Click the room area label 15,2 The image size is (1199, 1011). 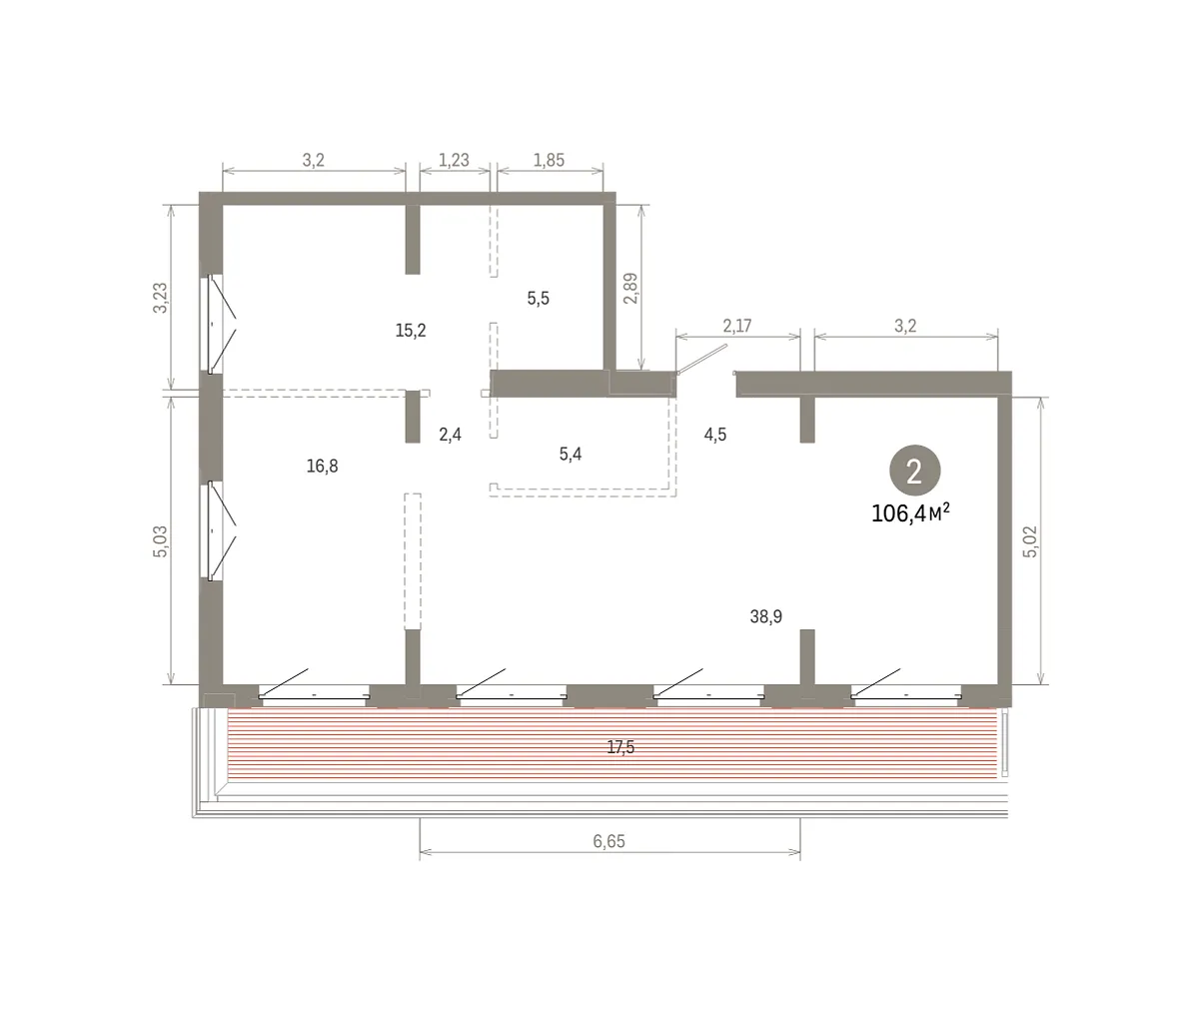coord(411,331)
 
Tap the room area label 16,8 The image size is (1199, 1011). coord(322,467)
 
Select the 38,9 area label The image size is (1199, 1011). coord(765,616)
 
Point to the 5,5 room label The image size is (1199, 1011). coord(539,299)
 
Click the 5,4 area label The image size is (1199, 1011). coord(571,455)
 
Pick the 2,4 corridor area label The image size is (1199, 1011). coord(451,435)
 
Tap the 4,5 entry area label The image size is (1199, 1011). coord(715,435)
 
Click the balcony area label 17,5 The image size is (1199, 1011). coord(620,747)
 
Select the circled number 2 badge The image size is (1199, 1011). coord(915,471)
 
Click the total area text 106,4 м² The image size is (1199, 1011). coord(910,513)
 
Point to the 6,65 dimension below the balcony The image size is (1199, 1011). coord(608,841)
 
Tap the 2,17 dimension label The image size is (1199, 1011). coord(736,326)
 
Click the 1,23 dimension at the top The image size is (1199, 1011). coord(454,160)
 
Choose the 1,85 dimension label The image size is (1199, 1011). coord(549,160)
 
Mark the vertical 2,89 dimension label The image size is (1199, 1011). coord(630,288)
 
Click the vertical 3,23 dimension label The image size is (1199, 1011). coord(160,298)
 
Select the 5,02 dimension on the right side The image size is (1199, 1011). coord(1030,541)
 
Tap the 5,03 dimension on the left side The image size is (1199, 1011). coord(160,541)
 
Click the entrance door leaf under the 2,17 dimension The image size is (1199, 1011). coord(702,360)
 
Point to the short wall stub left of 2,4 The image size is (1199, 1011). coord(413,417)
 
